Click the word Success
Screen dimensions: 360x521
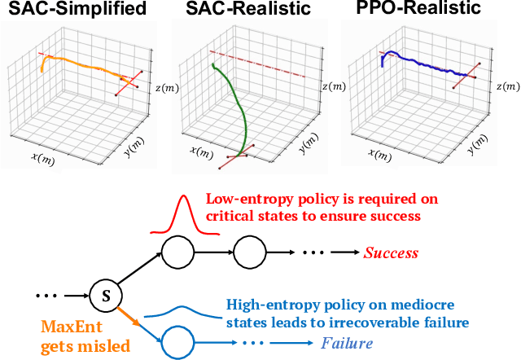coord(391,253)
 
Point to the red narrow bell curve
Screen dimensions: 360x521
coord(186,213)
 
